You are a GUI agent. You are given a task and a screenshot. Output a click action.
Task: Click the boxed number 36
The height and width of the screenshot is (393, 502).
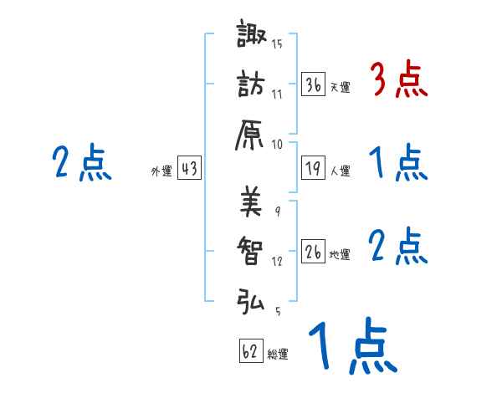click(x=314, y=84)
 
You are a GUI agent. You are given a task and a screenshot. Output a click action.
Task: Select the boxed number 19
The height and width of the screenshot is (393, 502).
click(x=314, y=168)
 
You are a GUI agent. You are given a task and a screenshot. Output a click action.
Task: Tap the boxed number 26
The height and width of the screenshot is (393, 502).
click(x=314, y=252)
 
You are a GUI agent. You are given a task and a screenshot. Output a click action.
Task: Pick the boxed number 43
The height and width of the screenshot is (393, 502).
click(x=189, y=168)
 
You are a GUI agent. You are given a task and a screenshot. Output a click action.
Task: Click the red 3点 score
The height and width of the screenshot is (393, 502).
click(x=398, y=82)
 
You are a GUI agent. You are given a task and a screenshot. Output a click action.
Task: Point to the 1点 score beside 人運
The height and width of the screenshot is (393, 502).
click(x=398, y=164)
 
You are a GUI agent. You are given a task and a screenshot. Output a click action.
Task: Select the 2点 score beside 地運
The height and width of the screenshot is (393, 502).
click(x=398, y=247)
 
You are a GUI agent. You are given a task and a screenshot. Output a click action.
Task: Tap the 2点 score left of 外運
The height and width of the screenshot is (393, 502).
click(x=81, y=163)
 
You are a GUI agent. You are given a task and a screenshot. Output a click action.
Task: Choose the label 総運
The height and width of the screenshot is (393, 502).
click(x=278, y=354)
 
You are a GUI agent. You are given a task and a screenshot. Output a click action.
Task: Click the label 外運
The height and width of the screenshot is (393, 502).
click(x=161, y=171)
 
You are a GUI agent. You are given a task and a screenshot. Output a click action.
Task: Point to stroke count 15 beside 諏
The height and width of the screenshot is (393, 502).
click(x=277, y=43)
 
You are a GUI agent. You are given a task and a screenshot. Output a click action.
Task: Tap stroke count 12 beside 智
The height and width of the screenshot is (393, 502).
click(x=277, y=261)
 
